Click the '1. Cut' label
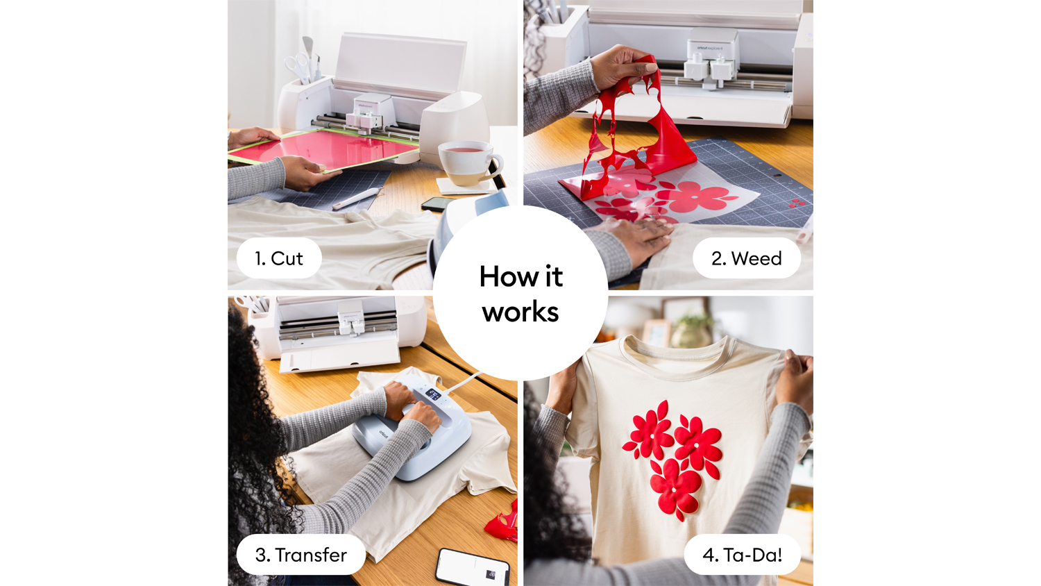[x=279, y=258]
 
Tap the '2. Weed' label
[x=746, y=258]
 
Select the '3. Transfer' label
[x=301, y=554]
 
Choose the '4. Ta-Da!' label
[x=742, y=554]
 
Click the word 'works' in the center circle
[x=520, y=312]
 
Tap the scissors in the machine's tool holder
[x=298, y=67]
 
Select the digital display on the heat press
[x=433, y=394]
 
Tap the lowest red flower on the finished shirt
[x=675, y=488]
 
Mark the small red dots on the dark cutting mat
[x=796, y=203]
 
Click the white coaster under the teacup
[x=465, y=186]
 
